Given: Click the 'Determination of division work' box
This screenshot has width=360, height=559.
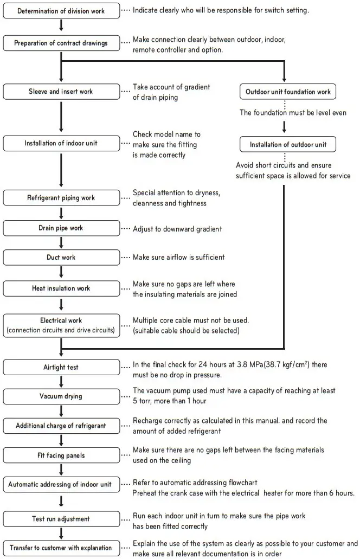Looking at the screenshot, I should [61, 11].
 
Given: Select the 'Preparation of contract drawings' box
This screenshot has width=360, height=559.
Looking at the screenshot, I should [61, 42].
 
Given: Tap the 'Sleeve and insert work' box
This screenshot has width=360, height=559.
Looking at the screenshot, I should [61, 92].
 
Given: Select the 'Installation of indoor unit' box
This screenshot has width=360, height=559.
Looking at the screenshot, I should [61, 144].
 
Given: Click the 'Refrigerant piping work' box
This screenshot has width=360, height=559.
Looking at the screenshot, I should [61, 198].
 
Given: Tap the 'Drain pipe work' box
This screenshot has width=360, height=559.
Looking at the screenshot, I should [61, 228].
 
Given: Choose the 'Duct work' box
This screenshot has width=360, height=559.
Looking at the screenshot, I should [61, 257].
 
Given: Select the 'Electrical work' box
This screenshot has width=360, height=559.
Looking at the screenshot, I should [61, 325].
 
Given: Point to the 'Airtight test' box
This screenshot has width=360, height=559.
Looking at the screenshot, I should [61, 367].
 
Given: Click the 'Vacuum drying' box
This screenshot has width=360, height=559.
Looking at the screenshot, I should [61, 396].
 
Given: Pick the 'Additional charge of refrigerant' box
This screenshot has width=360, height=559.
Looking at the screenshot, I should [61, 426].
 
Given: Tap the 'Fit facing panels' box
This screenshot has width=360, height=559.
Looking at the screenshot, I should [61, 454].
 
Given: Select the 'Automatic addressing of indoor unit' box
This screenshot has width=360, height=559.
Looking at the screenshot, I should [61, 484].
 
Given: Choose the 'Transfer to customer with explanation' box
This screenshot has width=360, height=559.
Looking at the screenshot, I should [61, 548].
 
